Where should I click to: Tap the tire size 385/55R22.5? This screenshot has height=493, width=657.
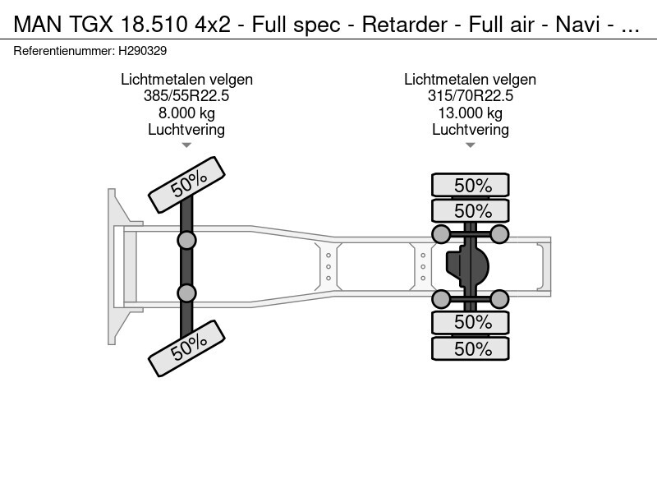[x=186, y=96]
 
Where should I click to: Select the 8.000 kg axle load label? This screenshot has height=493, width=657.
[x=186, y=113]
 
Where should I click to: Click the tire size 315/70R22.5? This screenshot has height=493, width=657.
[x=470, y=96]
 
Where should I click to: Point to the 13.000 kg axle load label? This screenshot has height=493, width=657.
[x=470, y=113]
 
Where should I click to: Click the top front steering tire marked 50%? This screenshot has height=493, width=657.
[x=186, y=184]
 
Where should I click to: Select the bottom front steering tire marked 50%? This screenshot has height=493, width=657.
[x=186, y=348]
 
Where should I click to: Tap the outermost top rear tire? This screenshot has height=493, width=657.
[x=471, y=185]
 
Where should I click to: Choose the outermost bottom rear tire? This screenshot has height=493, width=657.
[x=471, y=348]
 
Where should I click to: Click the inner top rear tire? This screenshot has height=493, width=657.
[x=471, y=210]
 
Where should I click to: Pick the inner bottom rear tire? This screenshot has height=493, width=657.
[x=471, y=322]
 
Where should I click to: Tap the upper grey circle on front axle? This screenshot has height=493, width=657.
[x=187, y=240]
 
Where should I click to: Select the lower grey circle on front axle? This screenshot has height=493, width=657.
[x=187, y=293]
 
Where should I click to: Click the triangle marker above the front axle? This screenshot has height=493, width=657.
[x=186, y=145]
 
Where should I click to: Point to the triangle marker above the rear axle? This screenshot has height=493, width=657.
[x=470, y=145]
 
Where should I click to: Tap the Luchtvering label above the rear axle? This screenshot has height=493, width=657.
[x=470, y=129]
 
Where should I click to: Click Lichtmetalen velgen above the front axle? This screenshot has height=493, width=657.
[x=186, y=80]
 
